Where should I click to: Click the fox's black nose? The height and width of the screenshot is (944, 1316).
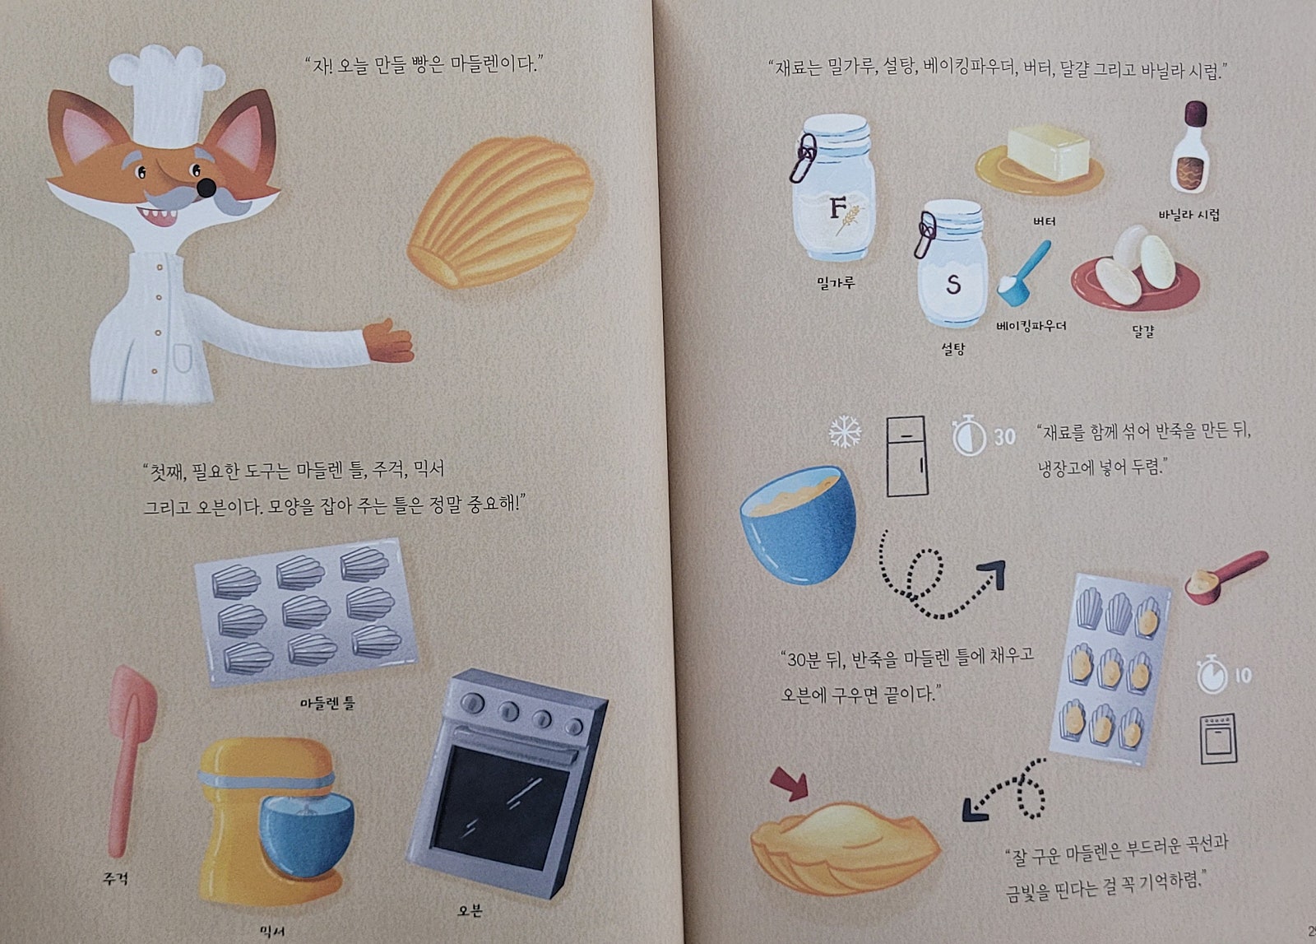pyautogui.click(x=206, y=188)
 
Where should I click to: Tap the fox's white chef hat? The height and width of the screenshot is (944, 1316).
pyautogui.click(x=167, y=95)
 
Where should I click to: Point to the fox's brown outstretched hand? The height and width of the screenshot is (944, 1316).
pyautogui.click(x=389, y=342)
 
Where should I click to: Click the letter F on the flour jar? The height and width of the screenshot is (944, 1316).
pyautogui.click(x=838, y=208)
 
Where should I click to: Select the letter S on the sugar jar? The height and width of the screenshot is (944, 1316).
pyautogui.click(x=953, y=285)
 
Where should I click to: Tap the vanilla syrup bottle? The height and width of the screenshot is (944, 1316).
pyautogui.click(x=1189, y=147)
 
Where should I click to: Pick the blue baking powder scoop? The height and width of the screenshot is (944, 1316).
pyautogui.click(x=1023, y=275)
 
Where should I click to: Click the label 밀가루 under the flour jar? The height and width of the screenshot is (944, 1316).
pyautogui.click(x=836, y=283)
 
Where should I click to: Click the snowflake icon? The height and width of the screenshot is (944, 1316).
pyautogui.click(x=845, y=432)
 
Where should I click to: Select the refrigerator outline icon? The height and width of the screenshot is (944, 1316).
pyautogui.click(x=906, y=456)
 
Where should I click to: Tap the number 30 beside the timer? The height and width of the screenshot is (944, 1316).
pyautogui.click(x=1004, y=437)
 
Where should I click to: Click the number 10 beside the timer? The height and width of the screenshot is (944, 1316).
pyautogui.click(x=1243, y=676)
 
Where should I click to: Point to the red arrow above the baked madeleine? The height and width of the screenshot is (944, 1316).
pyautogui.click(x=789, y=784)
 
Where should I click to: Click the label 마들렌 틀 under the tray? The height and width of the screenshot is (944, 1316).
pyautogui.click(x=327, y=703)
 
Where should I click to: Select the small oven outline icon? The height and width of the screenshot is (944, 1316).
pyautogui.click(x=1218, y=738)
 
